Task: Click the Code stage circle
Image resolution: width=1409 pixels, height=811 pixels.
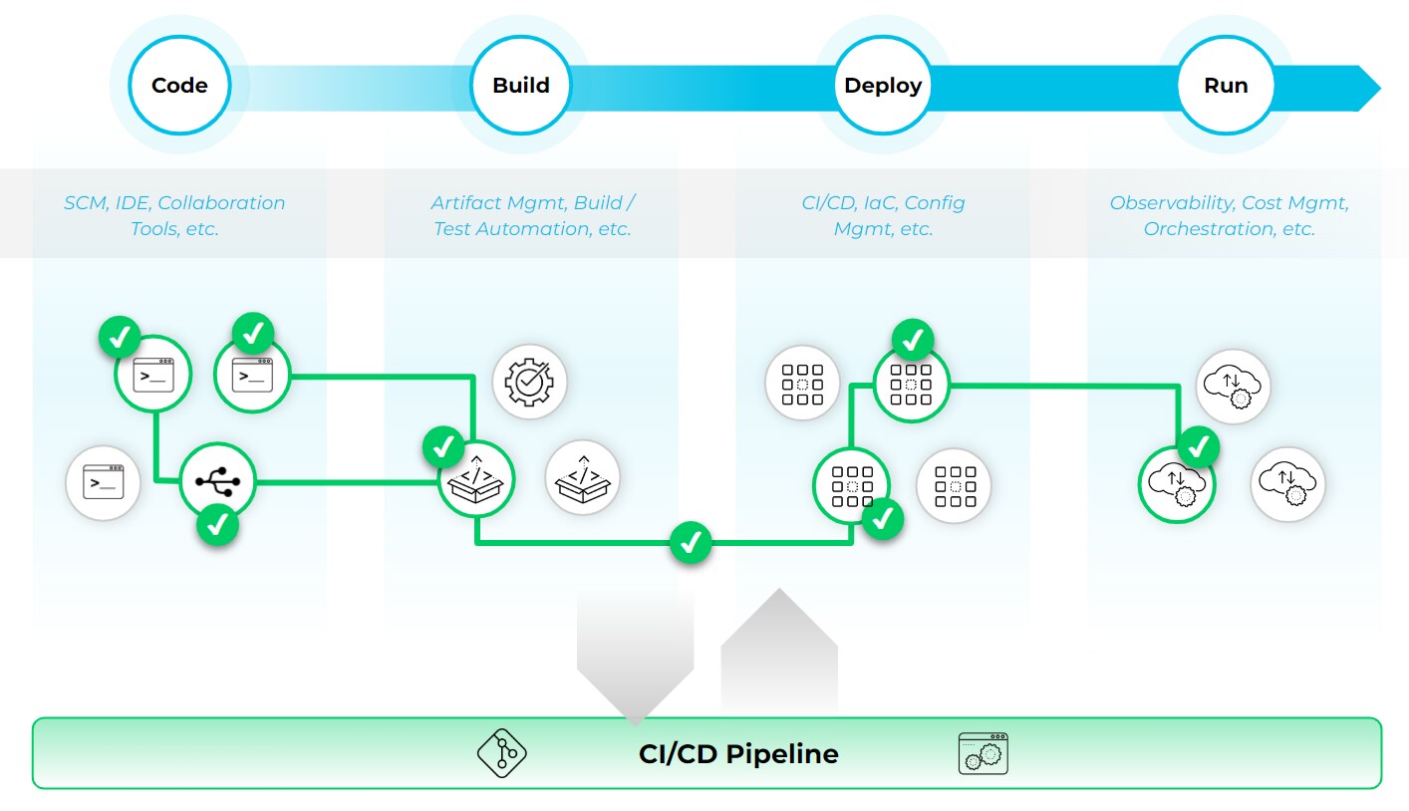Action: click(x=179, y=86)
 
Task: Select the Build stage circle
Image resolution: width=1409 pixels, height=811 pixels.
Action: click(x=521, y=86)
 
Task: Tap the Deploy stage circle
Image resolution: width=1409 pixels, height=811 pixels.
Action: click(x=883, y=86)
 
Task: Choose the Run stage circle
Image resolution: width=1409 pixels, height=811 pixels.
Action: click(x=1226, y=86)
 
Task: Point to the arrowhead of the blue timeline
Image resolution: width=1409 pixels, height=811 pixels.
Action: click(x=1369, y=88)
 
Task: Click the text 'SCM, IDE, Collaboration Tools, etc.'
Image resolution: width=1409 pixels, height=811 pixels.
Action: click(x=174, y=215)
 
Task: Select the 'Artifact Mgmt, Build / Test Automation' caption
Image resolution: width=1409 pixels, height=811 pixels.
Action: click(x=532, y=215)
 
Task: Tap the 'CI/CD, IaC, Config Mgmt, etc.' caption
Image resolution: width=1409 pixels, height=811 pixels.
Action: click(x=883, y=215)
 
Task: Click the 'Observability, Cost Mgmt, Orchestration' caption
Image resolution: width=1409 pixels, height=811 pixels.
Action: click(x=1229, y=215)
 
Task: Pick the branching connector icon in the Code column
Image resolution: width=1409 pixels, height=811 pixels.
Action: click(x=217, y=482)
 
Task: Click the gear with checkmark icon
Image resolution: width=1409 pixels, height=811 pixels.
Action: click(x=529, y=382)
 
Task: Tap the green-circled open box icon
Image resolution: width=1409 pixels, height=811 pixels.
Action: click(x=476, y=482)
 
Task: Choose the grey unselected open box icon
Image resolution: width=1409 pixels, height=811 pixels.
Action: click(x=583, y=477)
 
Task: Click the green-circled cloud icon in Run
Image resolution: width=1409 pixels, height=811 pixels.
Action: click(x=1177, y=485)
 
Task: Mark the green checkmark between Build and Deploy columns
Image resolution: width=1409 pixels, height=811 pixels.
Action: click(x=690, y=543)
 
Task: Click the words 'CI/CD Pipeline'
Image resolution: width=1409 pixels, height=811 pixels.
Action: click(x=738, y=753)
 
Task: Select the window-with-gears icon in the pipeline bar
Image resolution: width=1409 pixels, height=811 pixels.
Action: click(x=983, y=753)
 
